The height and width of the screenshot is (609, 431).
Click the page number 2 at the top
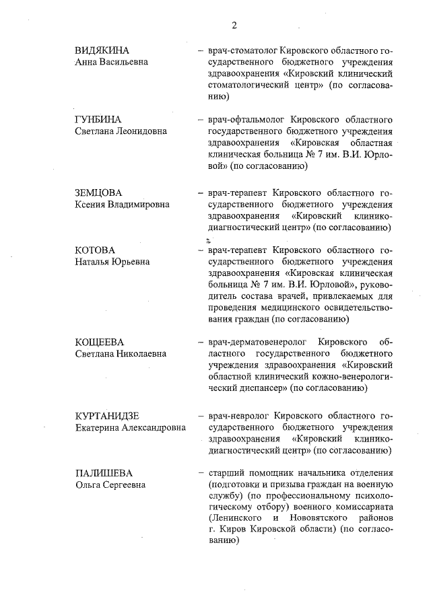pos(234,26)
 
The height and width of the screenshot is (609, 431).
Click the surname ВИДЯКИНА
pos(102,51)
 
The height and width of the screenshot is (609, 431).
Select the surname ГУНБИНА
pos(98,120)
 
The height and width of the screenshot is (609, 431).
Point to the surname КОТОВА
pos(96,250)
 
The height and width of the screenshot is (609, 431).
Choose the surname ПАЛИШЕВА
pos(103,473)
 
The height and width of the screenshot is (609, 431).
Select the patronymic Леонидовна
pos(145,131)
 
